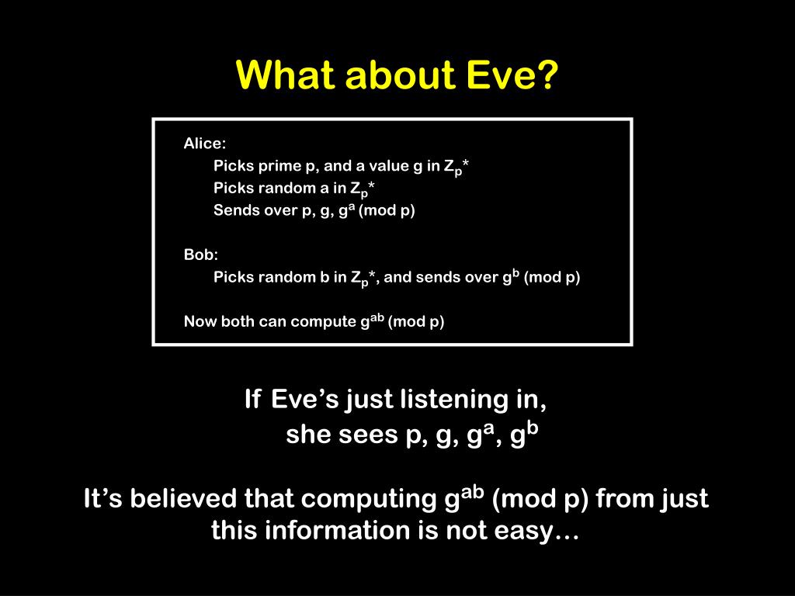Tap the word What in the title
[x=287, y=75]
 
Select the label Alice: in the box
[x=205, y=144]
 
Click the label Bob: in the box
[x=201, y=255]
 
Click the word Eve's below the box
[x=304, y=399]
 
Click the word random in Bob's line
[x=286, y=277]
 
